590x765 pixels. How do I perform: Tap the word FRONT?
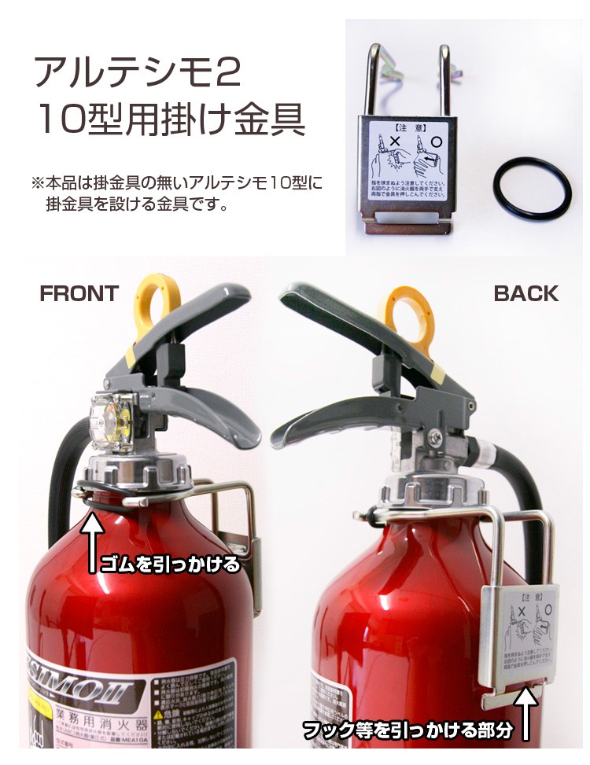point(79,294)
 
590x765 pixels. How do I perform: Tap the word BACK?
point(525,294)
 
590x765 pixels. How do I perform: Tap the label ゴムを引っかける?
point(168,565)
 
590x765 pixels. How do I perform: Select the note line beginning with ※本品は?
point(178,183)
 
